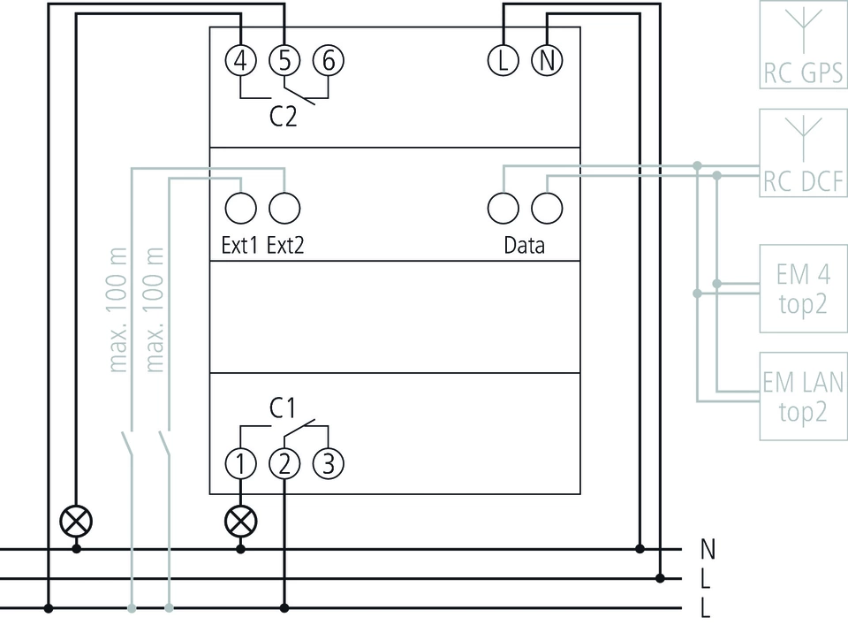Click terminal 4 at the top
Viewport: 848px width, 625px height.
[240, 60]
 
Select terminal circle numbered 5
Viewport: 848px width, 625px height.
[284, 60]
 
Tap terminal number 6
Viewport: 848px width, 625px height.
[328, 60]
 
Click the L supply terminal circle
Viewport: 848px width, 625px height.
[503, 60]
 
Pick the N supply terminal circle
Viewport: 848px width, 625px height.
[547, 60]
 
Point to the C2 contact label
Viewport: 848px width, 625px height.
[284, 117]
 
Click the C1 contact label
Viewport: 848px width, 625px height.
[282, 408]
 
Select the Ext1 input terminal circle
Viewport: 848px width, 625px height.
[240, 209]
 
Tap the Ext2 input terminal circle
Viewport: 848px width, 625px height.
[284, 209]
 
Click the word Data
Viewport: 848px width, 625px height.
[524, 246]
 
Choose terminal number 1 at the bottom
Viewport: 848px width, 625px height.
[240, 463]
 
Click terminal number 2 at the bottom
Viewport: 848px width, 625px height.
[284, 463]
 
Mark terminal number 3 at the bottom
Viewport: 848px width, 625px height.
[328, 463]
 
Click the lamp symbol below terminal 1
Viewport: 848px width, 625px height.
[240, 521]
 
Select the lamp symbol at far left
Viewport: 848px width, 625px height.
[76, 521]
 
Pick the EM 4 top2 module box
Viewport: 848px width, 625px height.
[803, 288]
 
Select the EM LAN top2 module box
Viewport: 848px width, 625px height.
[803, 396]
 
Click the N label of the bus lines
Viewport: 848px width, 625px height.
[707, 550]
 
